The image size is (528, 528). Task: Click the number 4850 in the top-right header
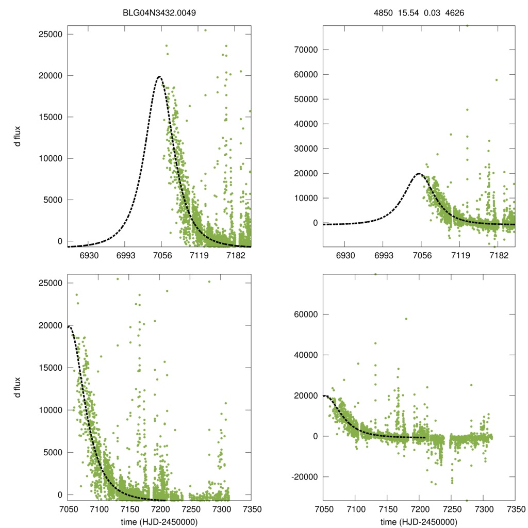383,11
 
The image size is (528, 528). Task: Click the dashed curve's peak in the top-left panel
159,77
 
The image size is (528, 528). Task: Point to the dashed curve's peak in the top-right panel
419,174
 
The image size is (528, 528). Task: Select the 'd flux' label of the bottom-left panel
18,387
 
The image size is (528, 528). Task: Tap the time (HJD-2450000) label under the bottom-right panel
419,522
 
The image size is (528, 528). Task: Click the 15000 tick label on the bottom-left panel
50,368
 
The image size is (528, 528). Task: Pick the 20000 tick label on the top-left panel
50,75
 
